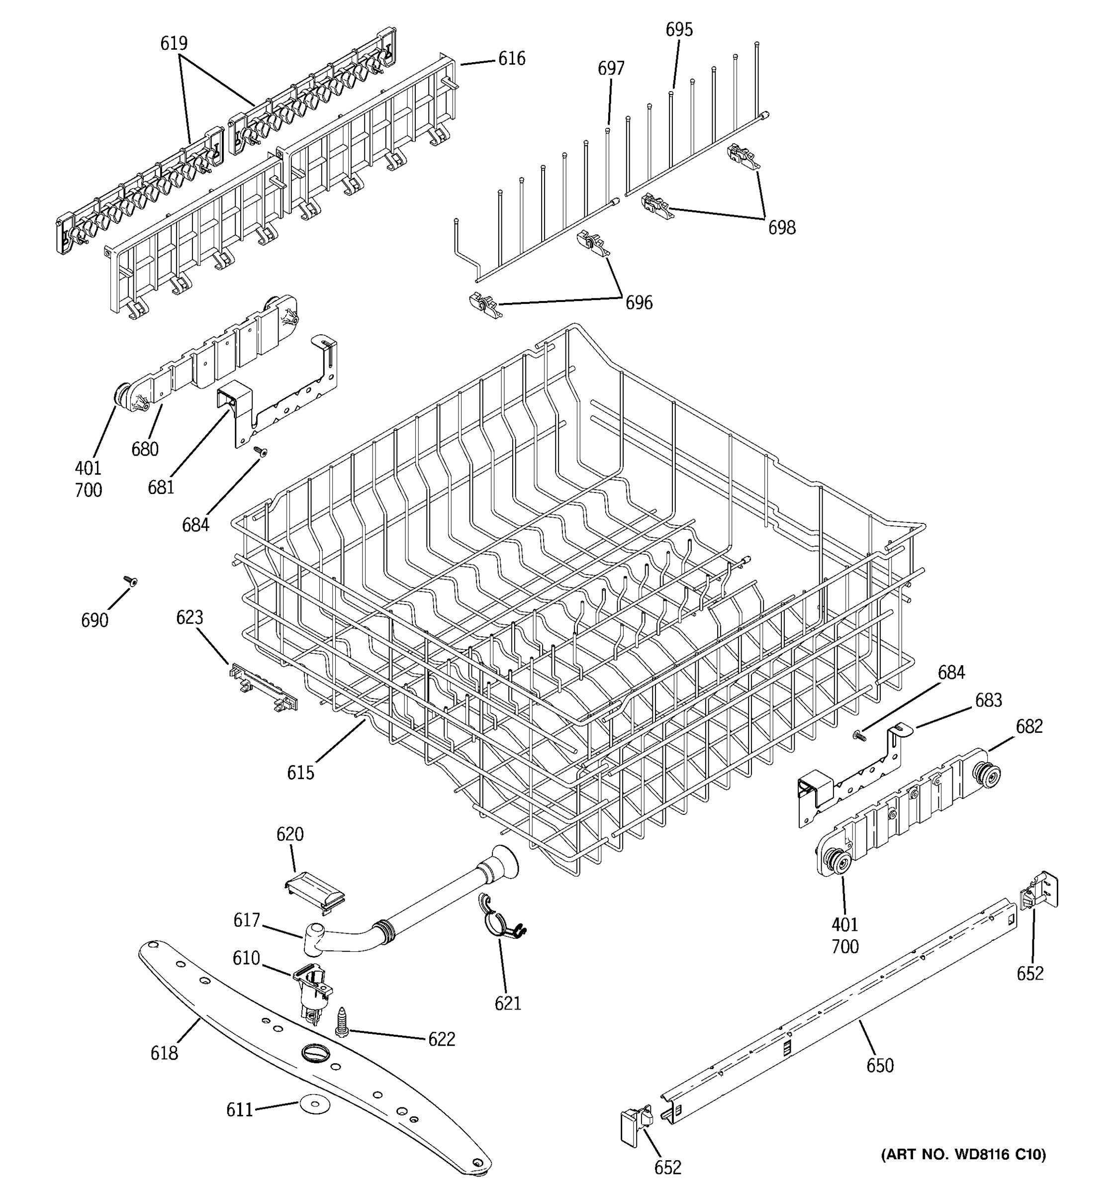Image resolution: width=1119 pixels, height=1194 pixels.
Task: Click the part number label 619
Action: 174,43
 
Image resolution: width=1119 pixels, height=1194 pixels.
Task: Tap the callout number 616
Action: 511,59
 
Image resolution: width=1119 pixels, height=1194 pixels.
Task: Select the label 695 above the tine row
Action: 679,29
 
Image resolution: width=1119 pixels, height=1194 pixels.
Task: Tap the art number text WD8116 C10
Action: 963,1154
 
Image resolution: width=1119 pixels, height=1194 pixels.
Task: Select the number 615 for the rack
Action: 300,773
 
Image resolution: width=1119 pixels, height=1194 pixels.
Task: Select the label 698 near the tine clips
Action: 782,228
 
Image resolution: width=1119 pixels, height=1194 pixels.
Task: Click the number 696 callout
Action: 639,302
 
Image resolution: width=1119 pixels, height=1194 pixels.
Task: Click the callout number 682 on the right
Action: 1029,726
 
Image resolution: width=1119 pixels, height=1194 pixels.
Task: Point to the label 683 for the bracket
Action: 988,699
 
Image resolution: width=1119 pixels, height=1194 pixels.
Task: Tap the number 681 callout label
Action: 161,487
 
